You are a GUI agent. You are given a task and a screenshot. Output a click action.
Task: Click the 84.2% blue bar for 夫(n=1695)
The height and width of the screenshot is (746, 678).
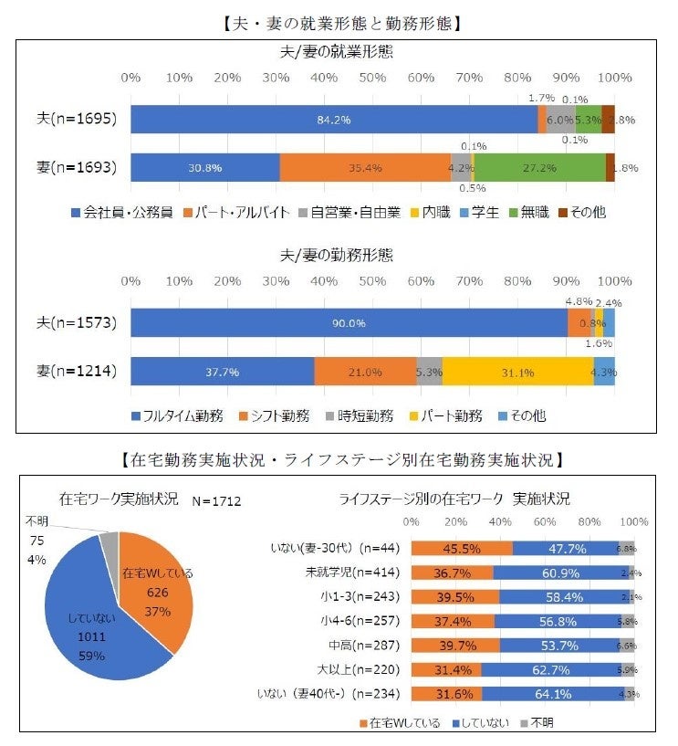[x=334, y=120]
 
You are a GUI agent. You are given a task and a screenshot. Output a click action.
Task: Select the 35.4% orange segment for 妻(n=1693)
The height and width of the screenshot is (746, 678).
[x=365, y=168]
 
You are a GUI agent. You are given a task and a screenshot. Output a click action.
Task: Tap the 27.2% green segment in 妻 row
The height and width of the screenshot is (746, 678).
[x=540, y=168]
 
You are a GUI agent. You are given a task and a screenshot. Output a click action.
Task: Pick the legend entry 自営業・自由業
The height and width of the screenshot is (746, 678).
[x=357, y=214]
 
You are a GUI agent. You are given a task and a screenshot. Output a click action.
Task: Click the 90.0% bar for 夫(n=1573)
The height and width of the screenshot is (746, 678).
[x=349, y=323]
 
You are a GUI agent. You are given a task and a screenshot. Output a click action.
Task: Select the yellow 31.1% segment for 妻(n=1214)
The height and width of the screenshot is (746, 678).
[x=517, y=372]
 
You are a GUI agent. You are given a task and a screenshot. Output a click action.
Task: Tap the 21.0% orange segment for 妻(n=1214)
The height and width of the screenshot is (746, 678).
[x=365, y=372]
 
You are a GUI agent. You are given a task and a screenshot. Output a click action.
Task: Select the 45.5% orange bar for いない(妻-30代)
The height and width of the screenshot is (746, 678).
[x=462, y=549]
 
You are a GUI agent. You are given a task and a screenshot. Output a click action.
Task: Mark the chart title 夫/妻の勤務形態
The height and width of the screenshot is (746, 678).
[x=336, y=255]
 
